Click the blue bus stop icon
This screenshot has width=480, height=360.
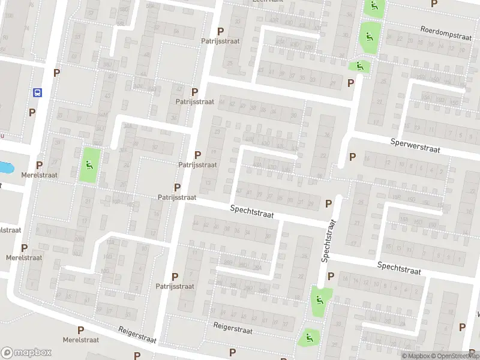coord(37,93)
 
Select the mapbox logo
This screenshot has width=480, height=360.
coord(26,353)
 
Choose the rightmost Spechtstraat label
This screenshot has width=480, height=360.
coord(400,268)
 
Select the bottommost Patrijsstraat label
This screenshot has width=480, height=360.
coord(175,286)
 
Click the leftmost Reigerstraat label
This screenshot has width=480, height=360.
coord(137,335)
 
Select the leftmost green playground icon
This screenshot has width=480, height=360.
coord(89,165)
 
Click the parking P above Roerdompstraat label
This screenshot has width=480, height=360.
coord(434,4)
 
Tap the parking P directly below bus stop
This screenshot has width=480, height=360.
coord(32,112)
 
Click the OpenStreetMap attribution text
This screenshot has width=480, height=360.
coord(452,356)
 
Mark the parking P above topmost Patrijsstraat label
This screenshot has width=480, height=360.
coord(220,31)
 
